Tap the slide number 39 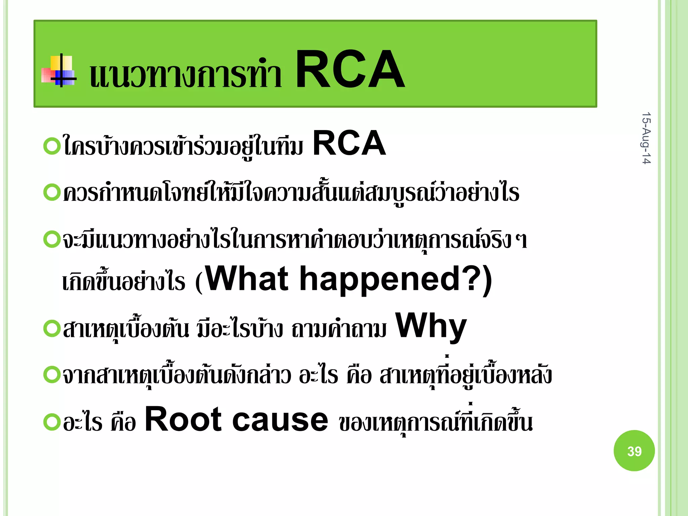tap(634, 451)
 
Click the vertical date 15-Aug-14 tap(646, 138)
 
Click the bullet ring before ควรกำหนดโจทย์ tap(52, 192)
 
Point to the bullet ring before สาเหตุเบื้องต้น tap(52, 328)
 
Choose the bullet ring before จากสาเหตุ tap(52, 375)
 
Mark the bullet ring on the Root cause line tap(52, 422)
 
